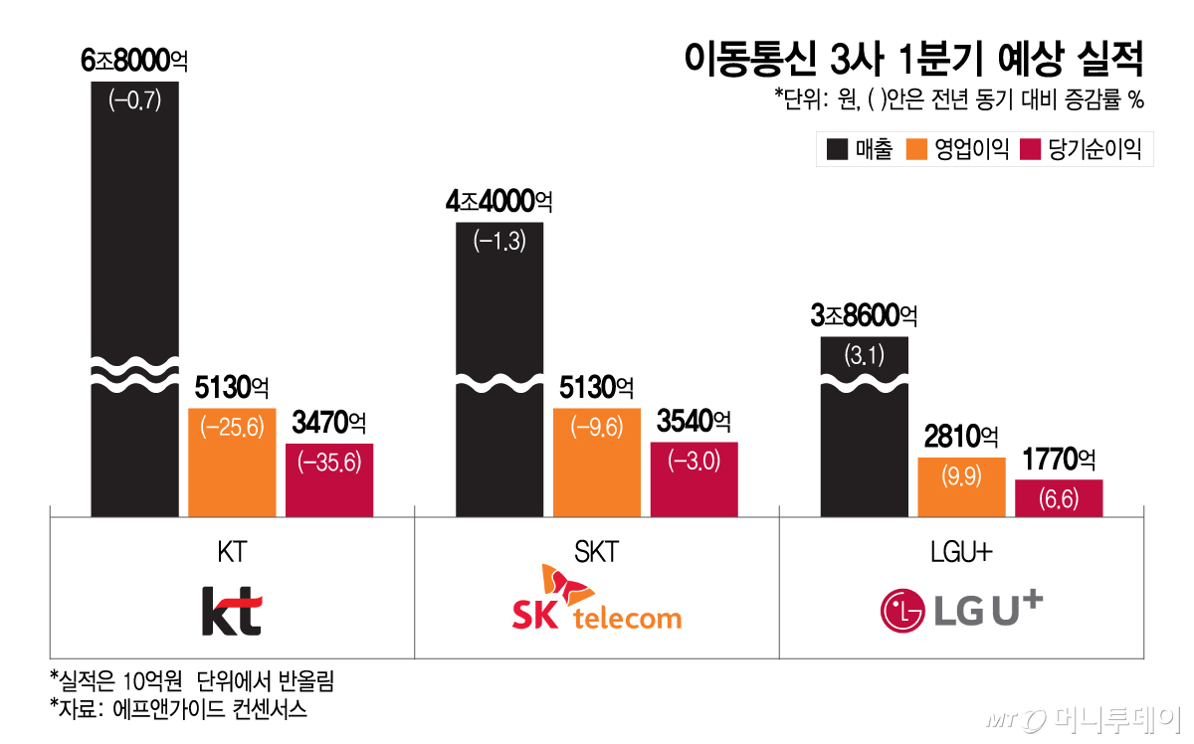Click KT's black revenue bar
(135, 249)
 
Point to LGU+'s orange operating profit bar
(962, 487)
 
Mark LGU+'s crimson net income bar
(1059, 498)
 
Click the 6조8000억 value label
(134, 61)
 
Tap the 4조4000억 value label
(499, 202)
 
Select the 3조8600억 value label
(864, 316)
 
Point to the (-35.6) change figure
(329, 462)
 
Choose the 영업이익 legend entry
(956, 150)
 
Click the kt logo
(231, 610)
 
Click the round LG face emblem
(902, 612)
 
